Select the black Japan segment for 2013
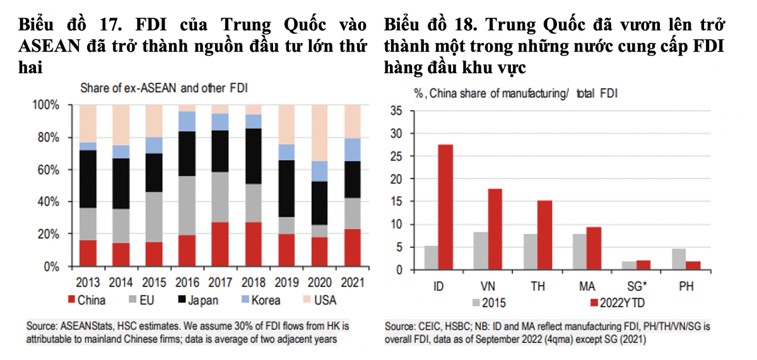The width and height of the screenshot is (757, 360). [x=89, y=179]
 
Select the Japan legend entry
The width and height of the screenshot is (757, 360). [x=196, y=301]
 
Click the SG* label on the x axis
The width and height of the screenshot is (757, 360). [x=637, y=285]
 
